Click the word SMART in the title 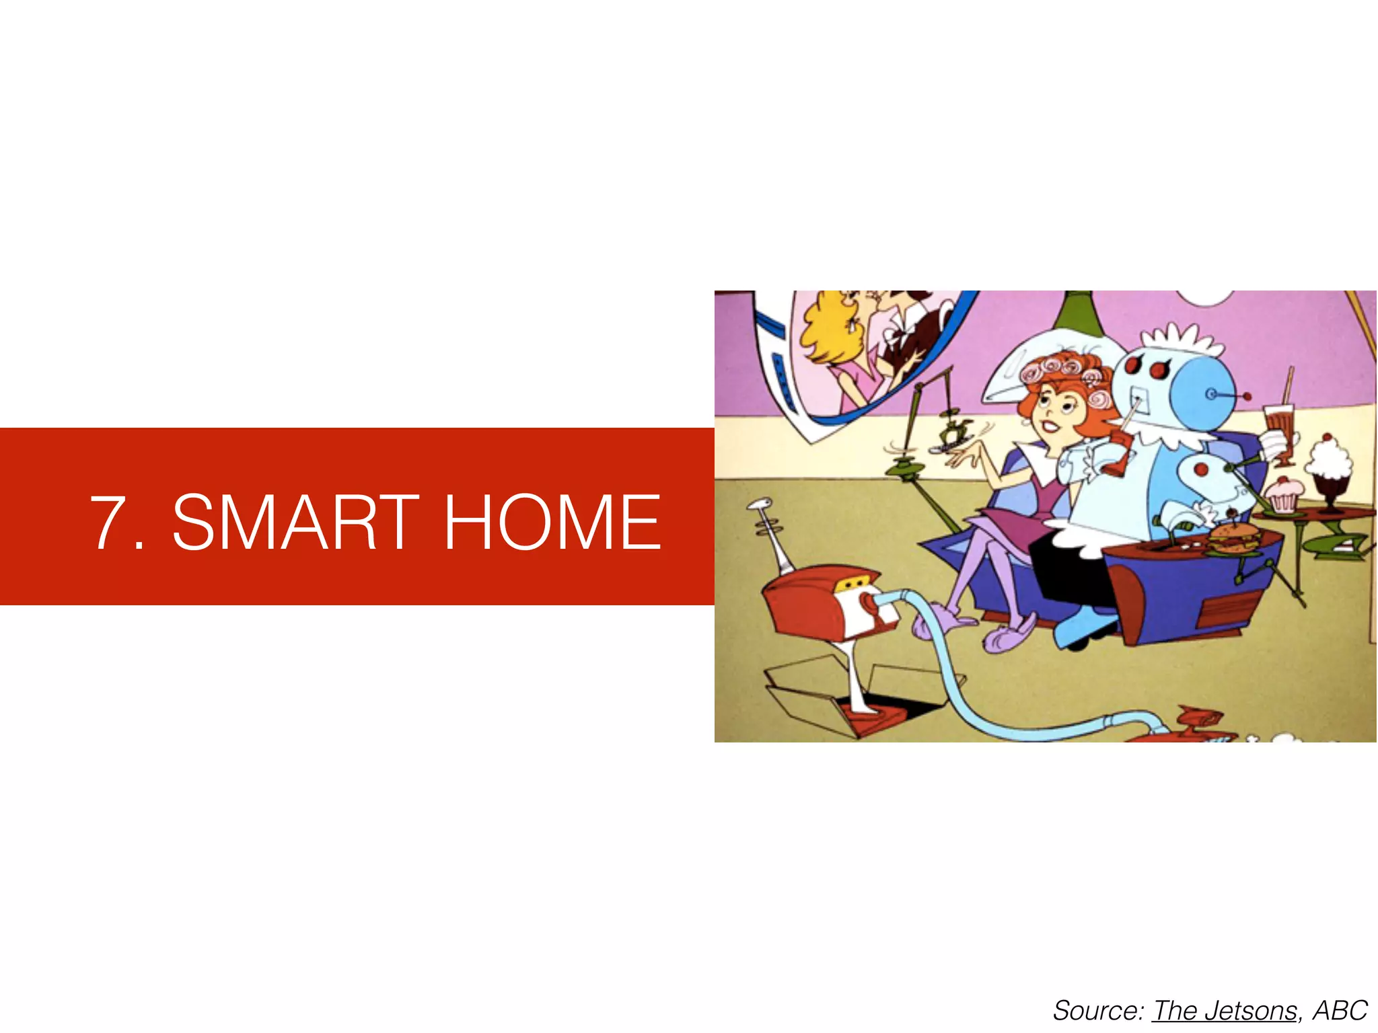[x=296, y=521]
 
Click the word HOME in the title [x=552, y=521]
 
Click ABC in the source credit [x=1340, y=1011]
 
